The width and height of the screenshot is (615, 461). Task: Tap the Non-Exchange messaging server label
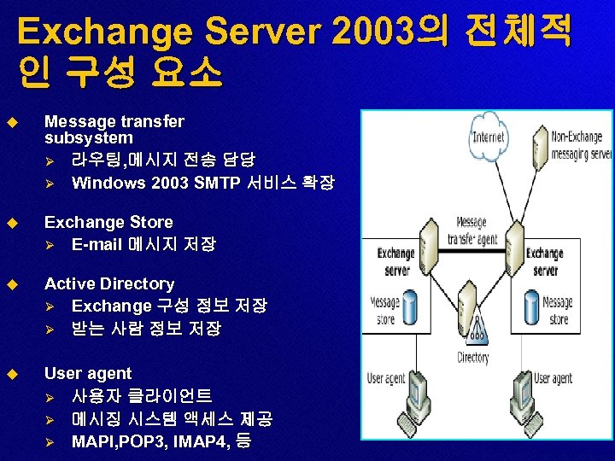(580, 145)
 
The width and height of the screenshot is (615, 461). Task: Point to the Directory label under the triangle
(472, 358)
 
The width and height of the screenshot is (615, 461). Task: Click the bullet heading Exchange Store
(108, 223)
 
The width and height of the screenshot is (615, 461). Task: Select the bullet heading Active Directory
(109, 283)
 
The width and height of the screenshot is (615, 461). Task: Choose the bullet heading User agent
(88, 373)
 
